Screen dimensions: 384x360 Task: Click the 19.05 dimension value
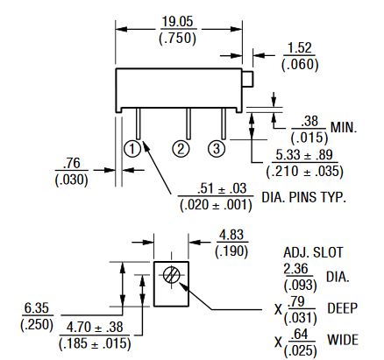(x=178, y=22)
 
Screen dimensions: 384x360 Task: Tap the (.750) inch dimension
(x=178, y=39)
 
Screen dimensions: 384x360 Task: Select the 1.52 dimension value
(x=300, y=48)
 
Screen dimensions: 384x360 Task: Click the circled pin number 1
(x=132, y=149)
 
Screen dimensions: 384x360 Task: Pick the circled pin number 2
(x=181, y=149)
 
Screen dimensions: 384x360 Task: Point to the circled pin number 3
(x=217, y=149)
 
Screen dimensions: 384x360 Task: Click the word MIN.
(x=344, y=128)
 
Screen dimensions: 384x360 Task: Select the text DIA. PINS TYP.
(x=303, y=198)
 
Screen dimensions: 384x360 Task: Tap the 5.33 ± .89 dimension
(x=304, y=155)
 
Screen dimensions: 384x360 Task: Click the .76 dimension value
(x=72, y=164)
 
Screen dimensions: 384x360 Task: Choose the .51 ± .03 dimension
(x=222, y=188)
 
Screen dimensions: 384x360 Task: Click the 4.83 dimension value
(x=231, y=235)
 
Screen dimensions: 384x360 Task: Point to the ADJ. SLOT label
(x=313, y=252)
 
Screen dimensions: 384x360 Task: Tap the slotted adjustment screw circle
(x=172, y=275)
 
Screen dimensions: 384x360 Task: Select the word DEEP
(x=343, y=308)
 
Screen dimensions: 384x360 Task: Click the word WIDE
(x=343, y=340)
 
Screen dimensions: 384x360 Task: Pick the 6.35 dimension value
(x=37, y=308)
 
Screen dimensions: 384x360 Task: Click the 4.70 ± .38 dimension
(x=95, y=328)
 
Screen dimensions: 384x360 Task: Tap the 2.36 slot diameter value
(x=296, y=269)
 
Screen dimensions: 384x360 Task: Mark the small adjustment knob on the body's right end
(x=247, y=79)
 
